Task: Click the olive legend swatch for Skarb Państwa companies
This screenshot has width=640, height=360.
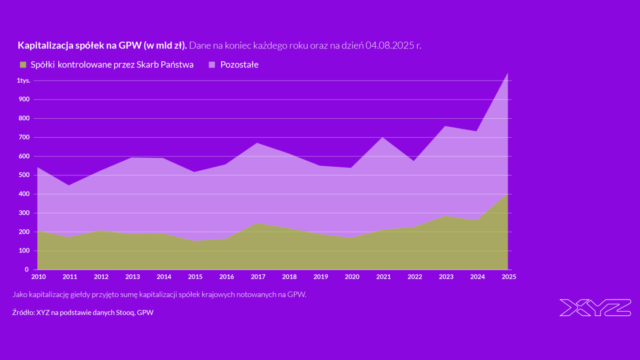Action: [x=23, y=65]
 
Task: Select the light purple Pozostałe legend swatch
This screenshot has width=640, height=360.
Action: [x=212, y=65]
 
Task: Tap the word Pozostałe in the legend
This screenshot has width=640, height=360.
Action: [x=239, y=65]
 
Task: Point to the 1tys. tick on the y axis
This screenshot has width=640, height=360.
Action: [x=24, y=80]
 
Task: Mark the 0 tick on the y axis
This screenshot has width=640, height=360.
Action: [x=27, y=269]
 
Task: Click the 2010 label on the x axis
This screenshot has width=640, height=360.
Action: [x=39, y=277]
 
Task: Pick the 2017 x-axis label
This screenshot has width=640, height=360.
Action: [x=258, y=277]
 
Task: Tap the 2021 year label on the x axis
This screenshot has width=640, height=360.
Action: [x=384, y=277]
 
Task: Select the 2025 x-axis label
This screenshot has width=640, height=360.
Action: [x=509, y=277]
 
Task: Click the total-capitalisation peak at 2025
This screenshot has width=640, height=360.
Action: [x=508, y=73]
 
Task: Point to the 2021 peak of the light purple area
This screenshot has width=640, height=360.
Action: [x=383, y=137]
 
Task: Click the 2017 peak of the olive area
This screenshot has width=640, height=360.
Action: [x=258, y=223]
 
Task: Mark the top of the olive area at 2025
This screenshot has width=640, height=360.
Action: [x=508, y=193]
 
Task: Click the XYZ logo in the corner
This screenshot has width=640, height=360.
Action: [x=595, y=308]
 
